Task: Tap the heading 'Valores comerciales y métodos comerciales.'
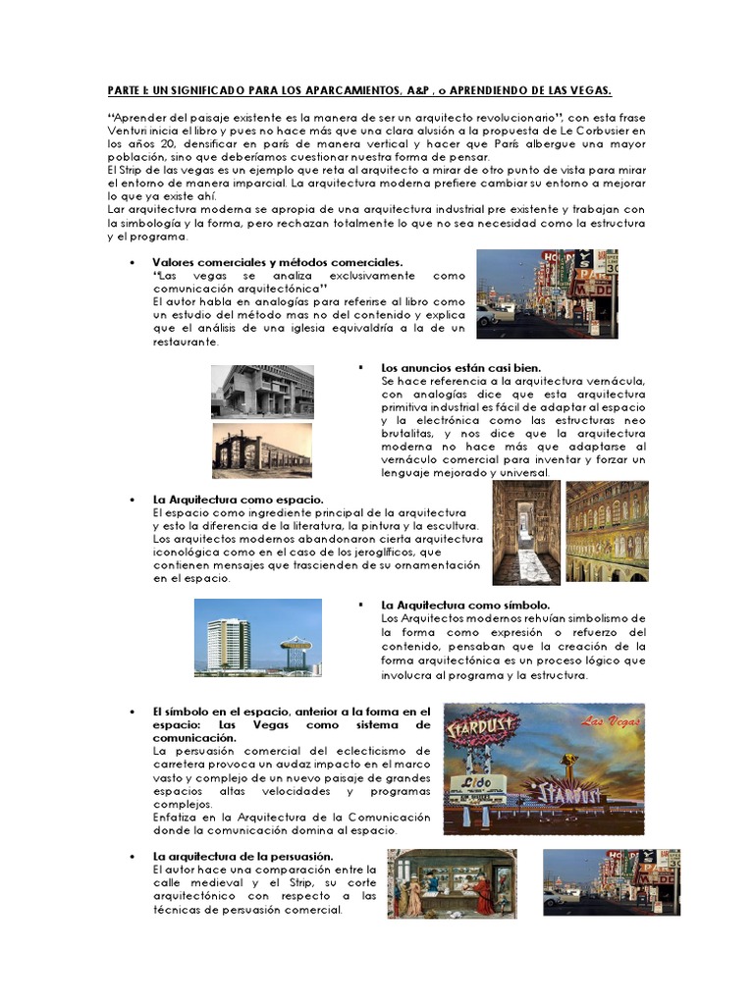[x=277, y=263]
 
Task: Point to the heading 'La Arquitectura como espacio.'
[x=239, y=500]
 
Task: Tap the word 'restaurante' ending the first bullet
[x=188, y=342]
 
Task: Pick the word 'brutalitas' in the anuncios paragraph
[x=408, y=434]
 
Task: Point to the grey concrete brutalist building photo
[x=262, y=392]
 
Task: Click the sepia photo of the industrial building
[x=262, y=450]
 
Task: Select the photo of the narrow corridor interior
[x=526, y=532]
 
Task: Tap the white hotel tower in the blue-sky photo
[x=228, y=644]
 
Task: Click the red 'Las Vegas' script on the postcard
[x=603, y=723]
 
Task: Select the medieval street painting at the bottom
[x=451, y=883]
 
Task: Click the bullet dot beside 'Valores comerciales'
[x=132, y=263]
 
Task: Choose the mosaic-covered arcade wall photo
[x=607, y=532]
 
